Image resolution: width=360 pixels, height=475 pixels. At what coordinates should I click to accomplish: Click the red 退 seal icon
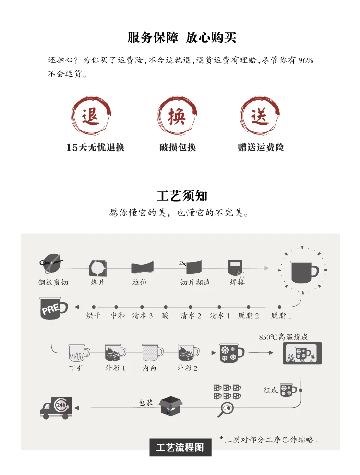[91, 116]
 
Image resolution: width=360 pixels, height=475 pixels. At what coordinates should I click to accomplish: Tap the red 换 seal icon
[177, 116]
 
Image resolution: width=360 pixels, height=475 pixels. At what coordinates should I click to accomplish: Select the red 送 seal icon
[260, 116]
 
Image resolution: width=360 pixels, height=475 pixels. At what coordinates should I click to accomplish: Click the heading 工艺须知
[182, 196]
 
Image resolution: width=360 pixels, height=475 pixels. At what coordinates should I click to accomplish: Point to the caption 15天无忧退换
[96, 147]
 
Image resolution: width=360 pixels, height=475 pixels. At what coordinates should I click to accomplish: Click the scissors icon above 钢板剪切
[51, 263]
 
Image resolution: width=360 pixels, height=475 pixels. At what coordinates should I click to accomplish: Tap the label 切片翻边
[195, 282]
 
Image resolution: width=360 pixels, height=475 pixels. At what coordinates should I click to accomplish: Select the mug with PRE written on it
[53, 309]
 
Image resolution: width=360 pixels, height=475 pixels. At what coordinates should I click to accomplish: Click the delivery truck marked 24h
[56, 408]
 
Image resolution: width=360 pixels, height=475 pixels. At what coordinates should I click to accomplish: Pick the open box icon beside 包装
[171, 406]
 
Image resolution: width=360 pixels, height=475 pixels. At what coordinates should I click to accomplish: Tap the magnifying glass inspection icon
[226, 409]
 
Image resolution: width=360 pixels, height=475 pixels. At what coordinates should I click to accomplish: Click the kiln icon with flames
[302, 353]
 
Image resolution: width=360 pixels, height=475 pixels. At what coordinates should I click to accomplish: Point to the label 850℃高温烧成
[284, 337]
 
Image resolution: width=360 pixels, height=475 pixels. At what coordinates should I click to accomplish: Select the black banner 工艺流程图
[180, 447]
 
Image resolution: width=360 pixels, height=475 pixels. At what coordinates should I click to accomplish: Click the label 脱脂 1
[281, 316]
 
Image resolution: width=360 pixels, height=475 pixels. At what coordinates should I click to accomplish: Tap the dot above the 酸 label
[166, 307]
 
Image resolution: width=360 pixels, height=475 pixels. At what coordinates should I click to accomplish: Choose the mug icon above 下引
[79, 353]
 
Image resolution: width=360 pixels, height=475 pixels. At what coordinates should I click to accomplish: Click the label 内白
[149, 368]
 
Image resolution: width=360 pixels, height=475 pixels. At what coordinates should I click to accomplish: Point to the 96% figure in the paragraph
[305, 60]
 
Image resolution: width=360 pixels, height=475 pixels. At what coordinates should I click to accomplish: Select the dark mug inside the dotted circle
[304, 272]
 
